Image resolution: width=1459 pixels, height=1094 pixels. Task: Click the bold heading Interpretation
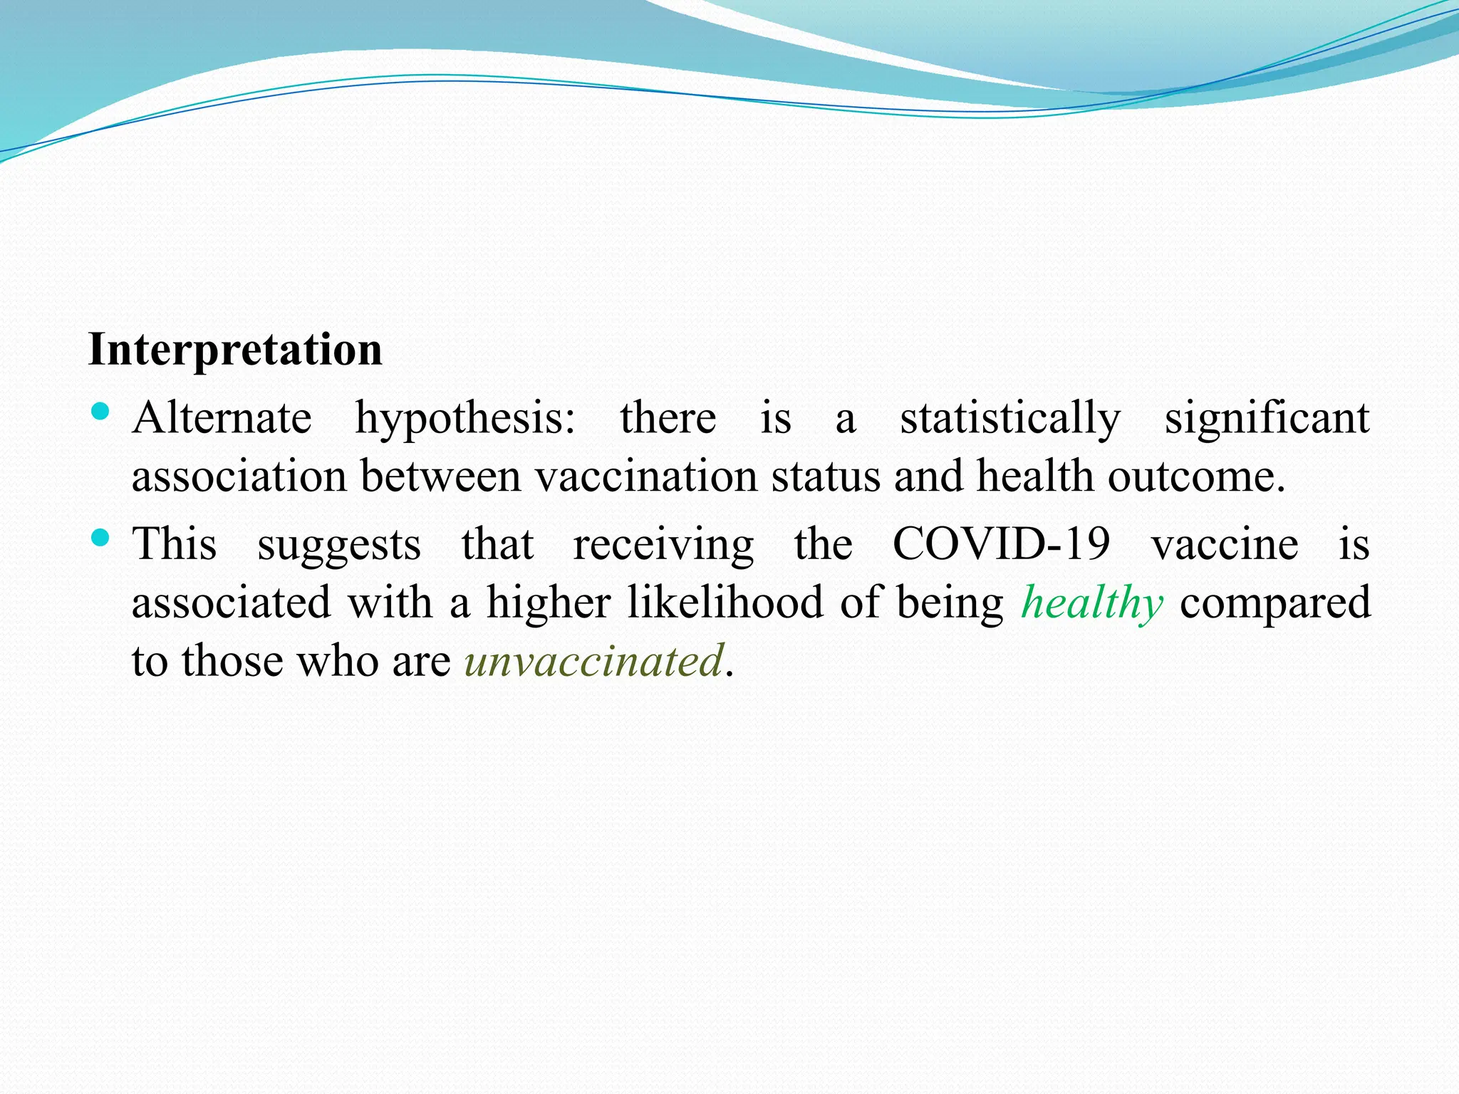235,350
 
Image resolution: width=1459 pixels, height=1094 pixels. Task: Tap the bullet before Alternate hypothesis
100,411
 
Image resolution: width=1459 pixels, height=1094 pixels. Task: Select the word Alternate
222,418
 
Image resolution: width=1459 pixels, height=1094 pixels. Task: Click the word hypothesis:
465,420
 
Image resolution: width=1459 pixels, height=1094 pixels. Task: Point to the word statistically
1009,420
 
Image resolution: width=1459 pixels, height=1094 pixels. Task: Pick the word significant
1267,420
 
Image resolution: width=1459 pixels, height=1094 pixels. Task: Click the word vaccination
645,476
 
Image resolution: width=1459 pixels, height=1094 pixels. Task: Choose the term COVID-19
1001,544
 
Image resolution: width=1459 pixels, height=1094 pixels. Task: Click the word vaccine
1225,545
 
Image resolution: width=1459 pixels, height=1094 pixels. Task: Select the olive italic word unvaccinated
594,661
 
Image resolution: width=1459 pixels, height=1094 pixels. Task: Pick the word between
440,476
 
